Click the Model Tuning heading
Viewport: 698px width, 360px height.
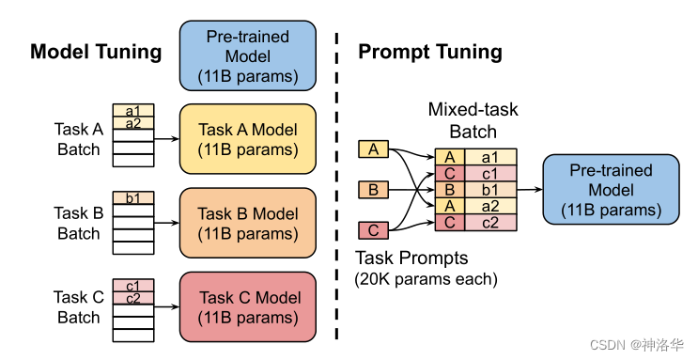tap(96, 51)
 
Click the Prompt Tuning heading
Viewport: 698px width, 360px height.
tap(430, 51)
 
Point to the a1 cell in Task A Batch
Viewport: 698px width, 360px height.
tap(132, 111)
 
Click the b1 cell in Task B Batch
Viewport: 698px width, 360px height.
tap(132, 198)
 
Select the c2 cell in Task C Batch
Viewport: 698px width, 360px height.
tap(132, 298)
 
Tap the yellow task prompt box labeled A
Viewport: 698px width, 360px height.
tap(373, 149)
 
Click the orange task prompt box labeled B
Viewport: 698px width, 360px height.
tap(373, 191)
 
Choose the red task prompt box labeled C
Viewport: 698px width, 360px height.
tap(373, 229)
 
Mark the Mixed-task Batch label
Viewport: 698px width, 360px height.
tap(473, 120)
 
